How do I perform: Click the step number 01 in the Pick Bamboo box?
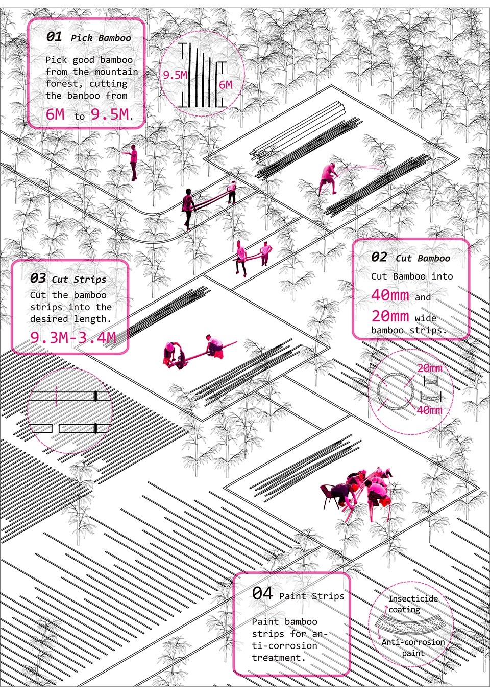(x=54, y=37)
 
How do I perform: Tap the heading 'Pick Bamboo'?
(x=101, y=38)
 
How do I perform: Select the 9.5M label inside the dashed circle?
(x=175, y=75)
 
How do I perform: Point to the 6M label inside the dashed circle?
(x=226, y=85)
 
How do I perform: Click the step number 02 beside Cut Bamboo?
(x=379, y=257)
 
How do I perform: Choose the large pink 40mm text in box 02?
(x=390, y=295)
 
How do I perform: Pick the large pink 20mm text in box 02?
(x=390, y=316)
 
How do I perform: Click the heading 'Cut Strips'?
(x=79, y=280)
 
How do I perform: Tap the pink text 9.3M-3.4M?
(x=73, y=337)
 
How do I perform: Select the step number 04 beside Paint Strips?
(x=262, y=593)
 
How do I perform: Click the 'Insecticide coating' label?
(x=413, y=604)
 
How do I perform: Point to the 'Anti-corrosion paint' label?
(x=413, y=647)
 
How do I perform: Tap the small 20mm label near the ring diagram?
(x=430, y=368)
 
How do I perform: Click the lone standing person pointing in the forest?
(x=133, y=163)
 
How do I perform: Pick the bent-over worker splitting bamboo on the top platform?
(x=329, y=179)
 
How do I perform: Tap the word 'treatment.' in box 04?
(x=279, y=657)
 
